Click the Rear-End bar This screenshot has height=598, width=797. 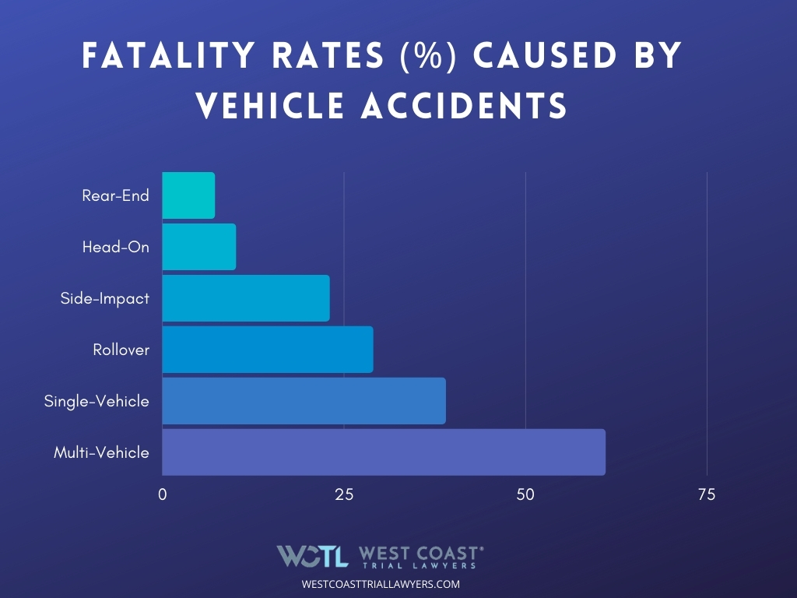pos(188,195)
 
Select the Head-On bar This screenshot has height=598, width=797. pos(198,247)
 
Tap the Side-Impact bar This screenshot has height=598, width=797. pos(246,298)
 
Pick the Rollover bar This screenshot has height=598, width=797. pos(268,350)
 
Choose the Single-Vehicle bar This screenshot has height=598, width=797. pos(304,401)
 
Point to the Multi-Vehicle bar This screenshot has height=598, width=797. pos(384,452)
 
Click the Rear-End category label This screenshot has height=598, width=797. pos(115,195)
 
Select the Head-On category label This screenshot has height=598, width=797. pos(115,247)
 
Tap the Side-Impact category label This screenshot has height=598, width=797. pos(104,298)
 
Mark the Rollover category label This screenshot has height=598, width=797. pos(121,350)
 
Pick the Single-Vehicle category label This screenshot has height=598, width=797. pos(97,401)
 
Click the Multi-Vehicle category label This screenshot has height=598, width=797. pos(101,452)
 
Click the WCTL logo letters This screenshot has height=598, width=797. pos(313,555)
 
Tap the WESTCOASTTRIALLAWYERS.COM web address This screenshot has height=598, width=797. pos(381,583)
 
